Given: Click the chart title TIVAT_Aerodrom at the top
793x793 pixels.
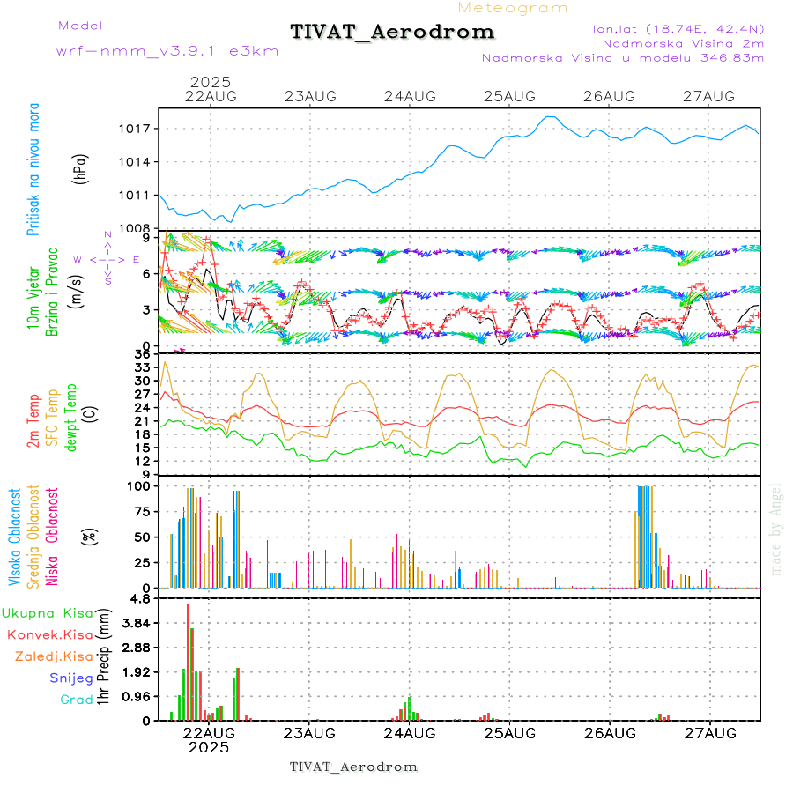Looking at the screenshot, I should tap(392, 32).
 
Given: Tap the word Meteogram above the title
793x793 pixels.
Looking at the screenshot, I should tap(514, 8).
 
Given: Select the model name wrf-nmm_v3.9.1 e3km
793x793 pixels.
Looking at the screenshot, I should tap(167, 50).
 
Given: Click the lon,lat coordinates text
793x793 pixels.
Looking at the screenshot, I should tap(678, 28).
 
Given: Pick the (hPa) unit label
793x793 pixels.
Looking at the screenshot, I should tap(81, 168).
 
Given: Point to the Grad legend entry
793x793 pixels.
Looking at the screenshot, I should tap(76, 700).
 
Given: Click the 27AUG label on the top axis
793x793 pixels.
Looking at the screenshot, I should tap(710, 96).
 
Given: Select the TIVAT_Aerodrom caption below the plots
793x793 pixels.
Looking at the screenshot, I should tap(353, 767).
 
